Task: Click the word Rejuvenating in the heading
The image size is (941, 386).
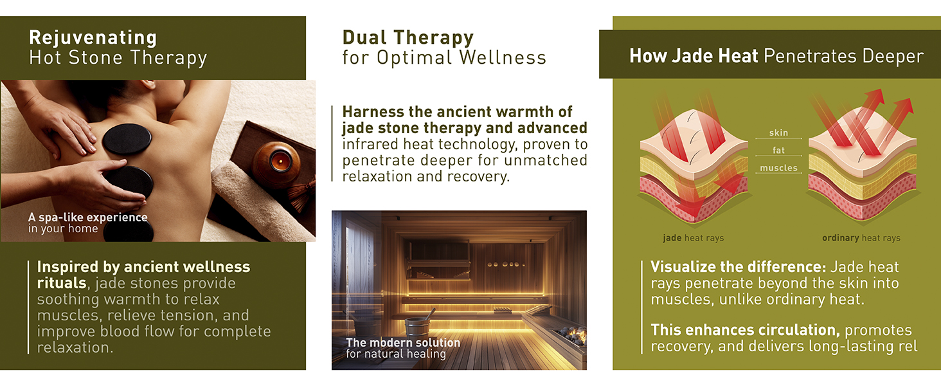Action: [93, 38]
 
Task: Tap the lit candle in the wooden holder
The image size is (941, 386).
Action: [277, 162]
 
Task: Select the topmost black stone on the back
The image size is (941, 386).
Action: [127, 139]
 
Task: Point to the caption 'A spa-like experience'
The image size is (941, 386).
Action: [88, 217]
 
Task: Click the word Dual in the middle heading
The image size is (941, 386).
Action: [364, 37]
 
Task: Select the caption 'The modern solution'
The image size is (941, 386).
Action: [403, 342]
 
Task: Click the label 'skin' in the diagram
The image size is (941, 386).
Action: [778, 133]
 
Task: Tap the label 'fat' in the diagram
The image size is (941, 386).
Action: [778, 150]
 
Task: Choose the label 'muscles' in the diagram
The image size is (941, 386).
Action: [778, 168]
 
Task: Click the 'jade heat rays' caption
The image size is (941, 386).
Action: [693, 238]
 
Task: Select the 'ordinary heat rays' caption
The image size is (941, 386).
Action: [861, 238]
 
